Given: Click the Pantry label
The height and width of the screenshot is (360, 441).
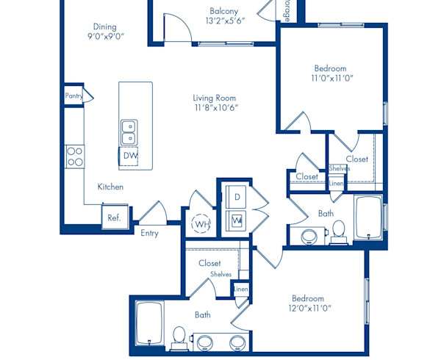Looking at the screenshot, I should pyautogui.click(x=73, y=96).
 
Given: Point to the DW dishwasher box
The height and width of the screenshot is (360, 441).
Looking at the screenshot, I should pyautogui.click(x=130, y=156).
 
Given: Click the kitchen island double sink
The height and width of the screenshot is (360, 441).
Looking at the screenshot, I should pyautogui.click(x=129, y=132).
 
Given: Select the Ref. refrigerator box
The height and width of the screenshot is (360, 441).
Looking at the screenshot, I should pyautogui.click(x=115, y=217).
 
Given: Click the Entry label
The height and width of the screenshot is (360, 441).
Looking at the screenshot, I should pyautogui.click(x=149, y=233).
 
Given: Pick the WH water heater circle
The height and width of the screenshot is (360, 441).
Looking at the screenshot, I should pyautogui.click(x=200, y=223).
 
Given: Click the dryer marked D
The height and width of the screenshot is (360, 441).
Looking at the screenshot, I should pyautogui.click(x=237, y=197).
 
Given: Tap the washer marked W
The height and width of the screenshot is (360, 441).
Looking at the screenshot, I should pyautogui.click(x=237, y=219).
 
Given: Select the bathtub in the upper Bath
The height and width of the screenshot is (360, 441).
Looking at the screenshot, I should pyautogui.click(x=367, y=217).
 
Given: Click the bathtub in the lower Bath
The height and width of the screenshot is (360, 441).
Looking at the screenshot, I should pyautogui.click(x=150, y=323).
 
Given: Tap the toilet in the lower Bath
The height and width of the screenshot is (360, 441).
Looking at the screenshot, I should pyautogui.click(x=178, y=337).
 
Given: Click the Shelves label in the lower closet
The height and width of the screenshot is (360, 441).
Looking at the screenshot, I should pyautogui.click(x=220, y=274).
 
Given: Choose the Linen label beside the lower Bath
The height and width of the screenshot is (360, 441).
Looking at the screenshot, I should pyautogui.click(x=240, y=290).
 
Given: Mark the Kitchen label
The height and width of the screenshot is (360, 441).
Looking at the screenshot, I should pyautogui.click(x=110, y=187).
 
